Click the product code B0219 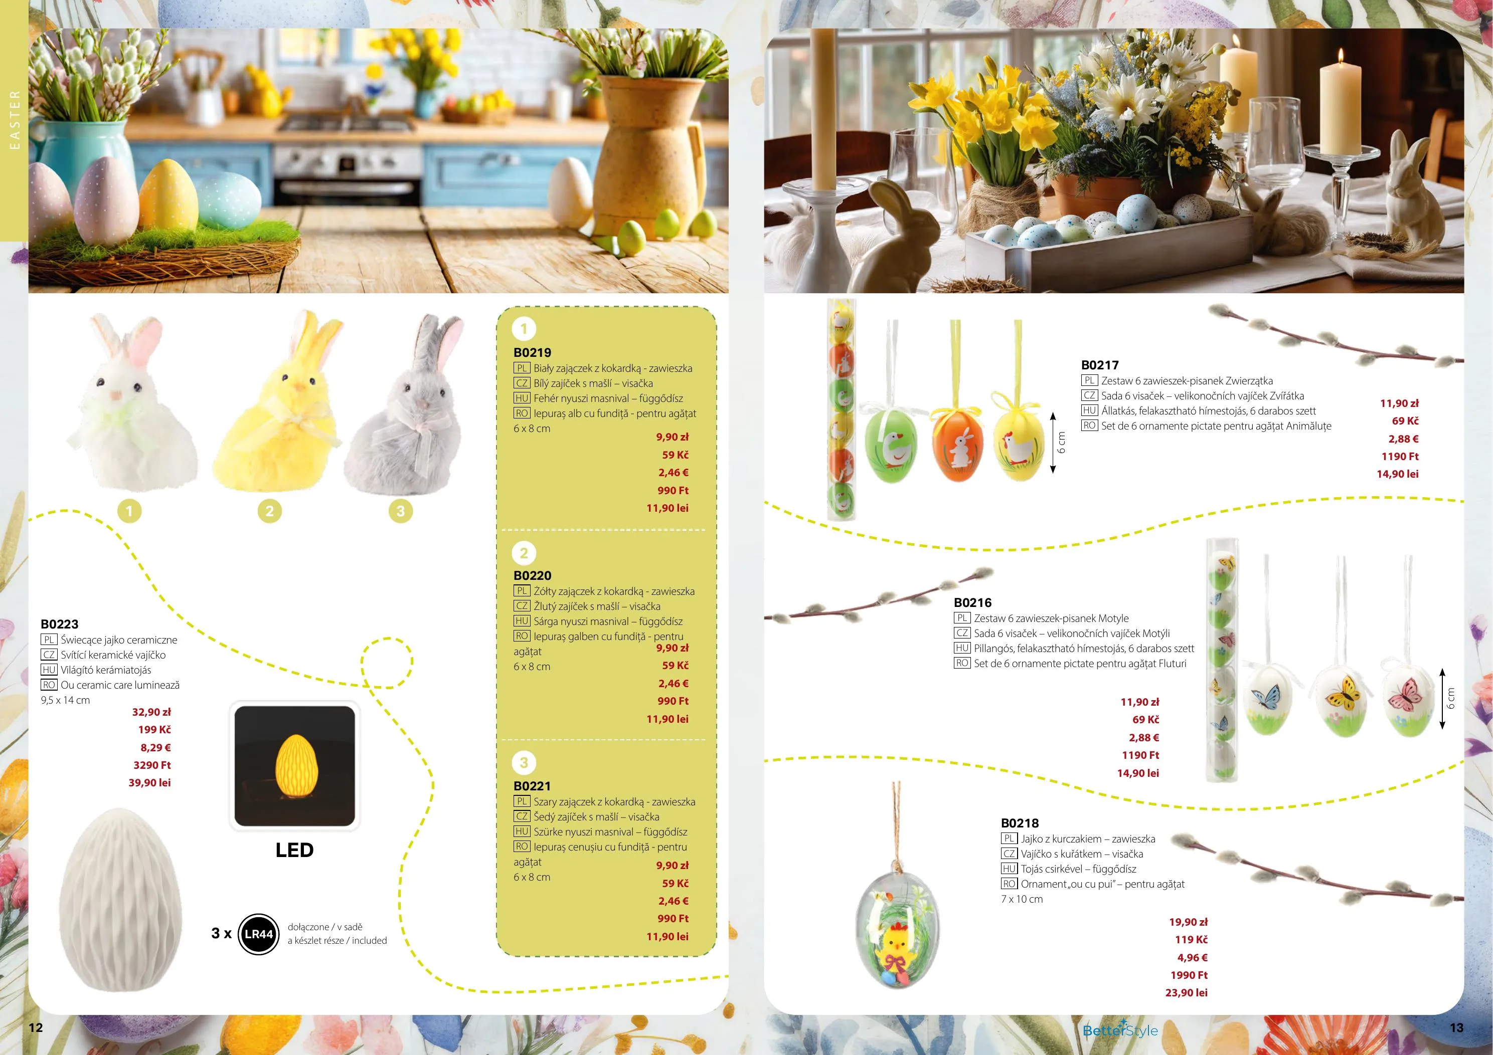(532, 352)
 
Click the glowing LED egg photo (294, 766)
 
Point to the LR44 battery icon (258, 934)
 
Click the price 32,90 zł (151, 712)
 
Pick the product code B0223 (59, 624)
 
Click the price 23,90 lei (1186, 992)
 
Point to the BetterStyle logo (1120, 1029)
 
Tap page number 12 (36, 1027)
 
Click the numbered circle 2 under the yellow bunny (270, 511)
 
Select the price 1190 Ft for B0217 (1400, 456)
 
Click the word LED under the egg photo (294, 850)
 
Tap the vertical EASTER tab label (15, 120)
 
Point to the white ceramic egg (121, 900)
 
